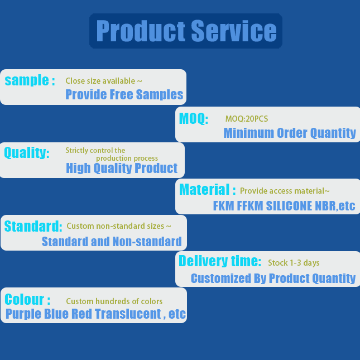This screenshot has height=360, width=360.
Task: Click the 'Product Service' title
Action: tap(186, 31)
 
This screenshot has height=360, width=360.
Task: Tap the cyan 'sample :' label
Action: tap(30, 80)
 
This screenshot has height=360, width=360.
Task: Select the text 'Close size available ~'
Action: tap(104, 81)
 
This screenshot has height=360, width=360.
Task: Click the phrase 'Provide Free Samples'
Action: tap(124, 94)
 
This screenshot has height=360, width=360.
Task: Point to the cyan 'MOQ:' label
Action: tap(194, 119)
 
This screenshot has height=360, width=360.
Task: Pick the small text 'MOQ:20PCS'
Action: tap(247, 119)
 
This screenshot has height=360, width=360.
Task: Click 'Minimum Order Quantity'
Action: tap(290, 133)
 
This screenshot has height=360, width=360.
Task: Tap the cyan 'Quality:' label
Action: tap(27, 152)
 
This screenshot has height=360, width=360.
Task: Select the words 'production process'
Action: tap(127, 159)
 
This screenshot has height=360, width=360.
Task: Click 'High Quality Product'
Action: tap(122, 168)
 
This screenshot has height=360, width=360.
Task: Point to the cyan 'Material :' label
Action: tap(207, 190)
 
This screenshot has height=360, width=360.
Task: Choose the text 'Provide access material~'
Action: tap(285, 191)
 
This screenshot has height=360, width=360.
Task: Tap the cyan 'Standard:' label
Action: tap(33, 226)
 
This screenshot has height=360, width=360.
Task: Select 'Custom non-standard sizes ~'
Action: tap(119, 226)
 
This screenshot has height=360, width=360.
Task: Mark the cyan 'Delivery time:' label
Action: tap(220, 261)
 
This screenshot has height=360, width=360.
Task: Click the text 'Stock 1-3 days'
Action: tap(294, 263)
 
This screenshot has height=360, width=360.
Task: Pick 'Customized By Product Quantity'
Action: tap(273, 279)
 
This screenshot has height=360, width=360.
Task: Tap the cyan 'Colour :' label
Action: tap(27, 300)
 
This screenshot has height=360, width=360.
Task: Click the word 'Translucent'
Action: tap(128, 314)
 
